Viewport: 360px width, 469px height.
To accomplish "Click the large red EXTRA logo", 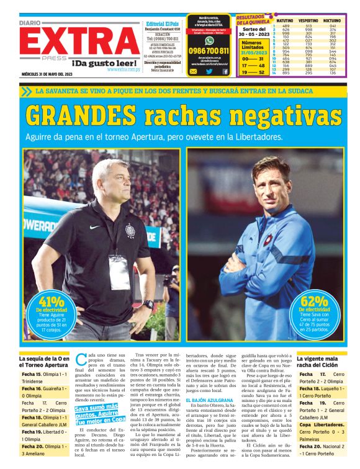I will coord(78,42).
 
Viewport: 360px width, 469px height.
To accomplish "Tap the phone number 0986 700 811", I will coord(209,50).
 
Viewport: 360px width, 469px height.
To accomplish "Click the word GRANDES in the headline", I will coord(78,115).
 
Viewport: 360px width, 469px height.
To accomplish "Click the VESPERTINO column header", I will coord(308,20).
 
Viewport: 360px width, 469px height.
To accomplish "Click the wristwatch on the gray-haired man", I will coord(148,305).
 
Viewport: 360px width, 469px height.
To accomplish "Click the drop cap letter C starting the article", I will coord(80,360).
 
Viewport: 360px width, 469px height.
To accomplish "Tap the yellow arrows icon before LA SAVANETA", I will coord(26,91).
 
